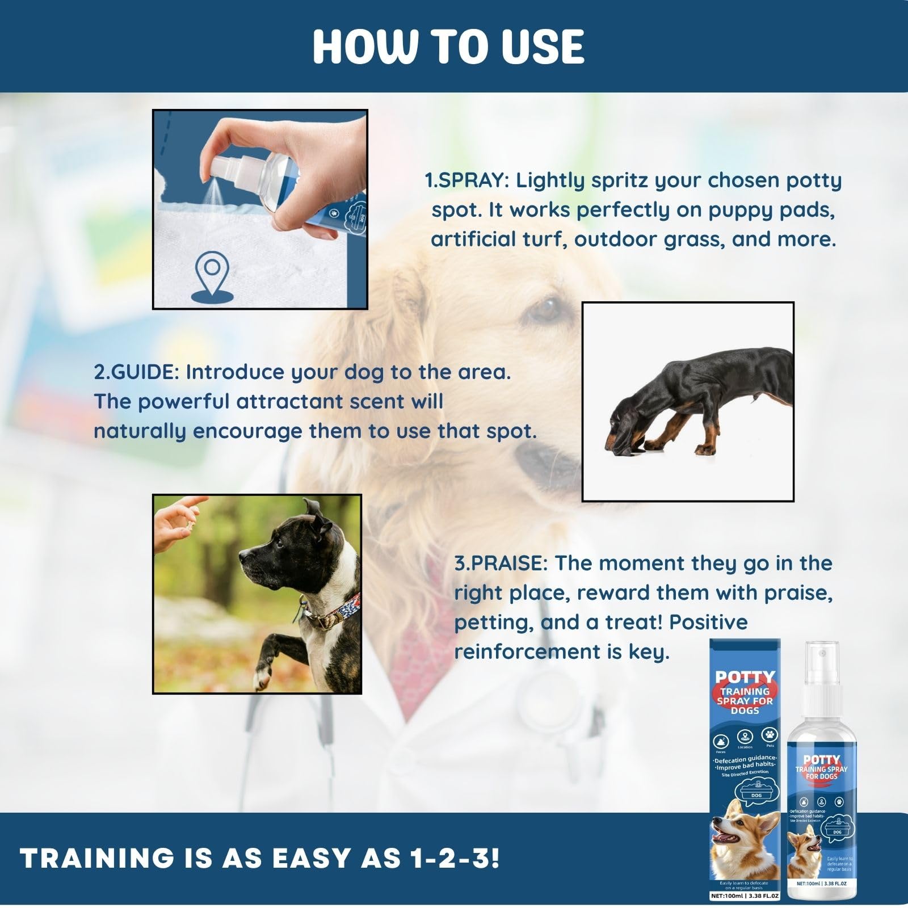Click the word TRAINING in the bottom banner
click(96, 859)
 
